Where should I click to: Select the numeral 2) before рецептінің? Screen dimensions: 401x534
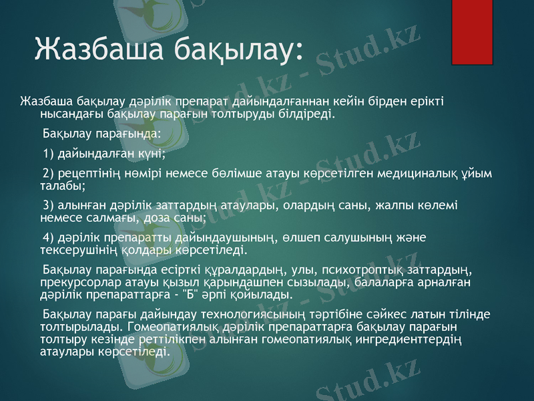point(48,174)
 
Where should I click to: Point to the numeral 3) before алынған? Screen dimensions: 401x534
point(48,205)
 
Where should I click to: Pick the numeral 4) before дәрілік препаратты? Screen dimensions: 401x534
point(48,237)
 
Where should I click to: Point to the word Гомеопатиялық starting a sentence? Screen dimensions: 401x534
point(167,327)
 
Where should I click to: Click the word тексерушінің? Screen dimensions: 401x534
point(80,251)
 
